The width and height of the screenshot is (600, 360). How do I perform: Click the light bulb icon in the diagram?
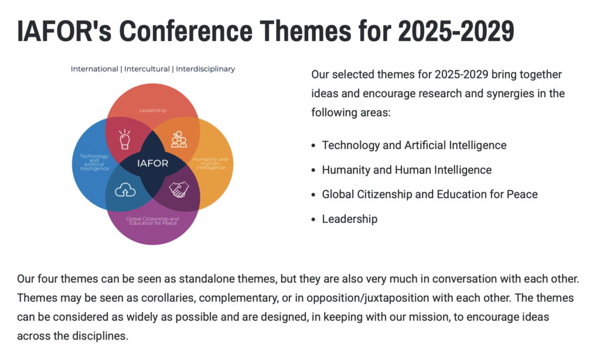125,139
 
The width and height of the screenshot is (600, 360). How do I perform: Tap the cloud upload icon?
125,189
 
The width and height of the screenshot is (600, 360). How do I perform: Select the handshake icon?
179,189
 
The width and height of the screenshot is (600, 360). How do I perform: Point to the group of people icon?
179,140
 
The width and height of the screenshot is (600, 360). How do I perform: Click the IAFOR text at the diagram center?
153,164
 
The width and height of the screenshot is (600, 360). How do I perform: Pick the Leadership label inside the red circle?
153,110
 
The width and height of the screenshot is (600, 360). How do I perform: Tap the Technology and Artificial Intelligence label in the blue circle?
94,162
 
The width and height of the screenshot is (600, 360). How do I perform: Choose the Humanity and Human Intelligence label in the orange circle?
210,163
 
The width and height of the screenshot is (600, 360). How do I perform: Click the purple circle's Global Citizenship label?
153,221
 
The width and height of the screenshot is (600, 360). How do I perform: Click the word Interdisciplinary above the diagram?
206,69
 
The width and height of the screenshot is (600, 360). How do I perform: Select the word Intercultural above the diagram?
147,69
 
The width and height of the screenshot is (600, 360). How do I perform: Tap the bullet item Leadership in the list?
350,219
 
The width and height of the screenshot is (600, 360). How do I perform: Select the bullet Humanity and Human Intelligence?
407,170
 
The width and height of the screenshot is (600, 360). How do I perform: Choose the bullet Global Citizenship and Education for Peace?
429,195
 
